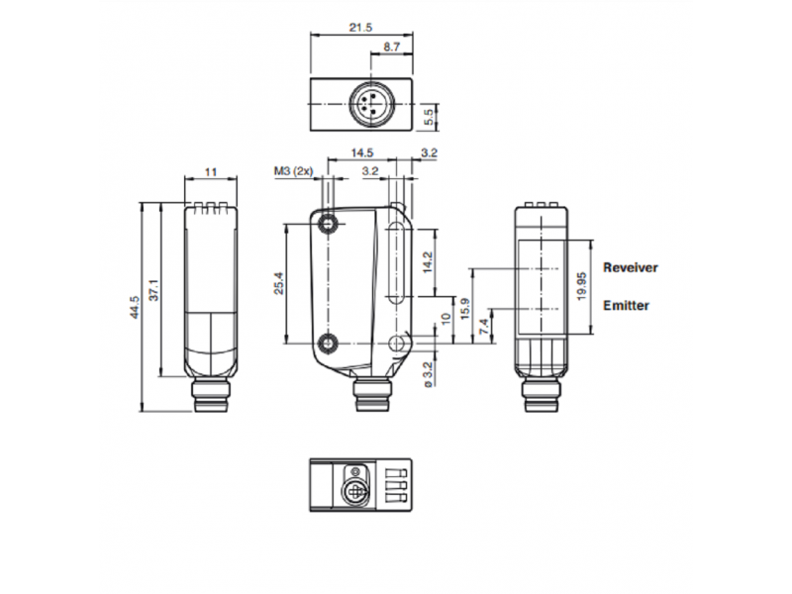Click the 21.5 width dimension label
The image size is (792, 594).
360,28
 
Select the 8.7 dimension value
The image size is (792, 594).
391,48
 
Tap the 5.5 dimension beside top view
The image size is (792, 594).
432,118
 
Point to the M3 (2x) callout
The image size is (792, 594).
293,172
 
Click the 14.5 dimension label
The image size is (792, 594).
362,153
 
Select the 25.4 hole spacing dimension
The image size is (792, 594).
280,284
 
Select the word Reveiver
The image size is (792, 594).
631,267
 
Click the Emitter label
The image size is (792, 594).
627,306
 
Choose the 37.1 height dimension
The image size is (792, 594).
154,290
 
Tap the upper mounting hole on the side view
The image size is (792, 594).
329,224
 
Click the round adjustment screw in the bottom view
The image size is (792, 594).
350,490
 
